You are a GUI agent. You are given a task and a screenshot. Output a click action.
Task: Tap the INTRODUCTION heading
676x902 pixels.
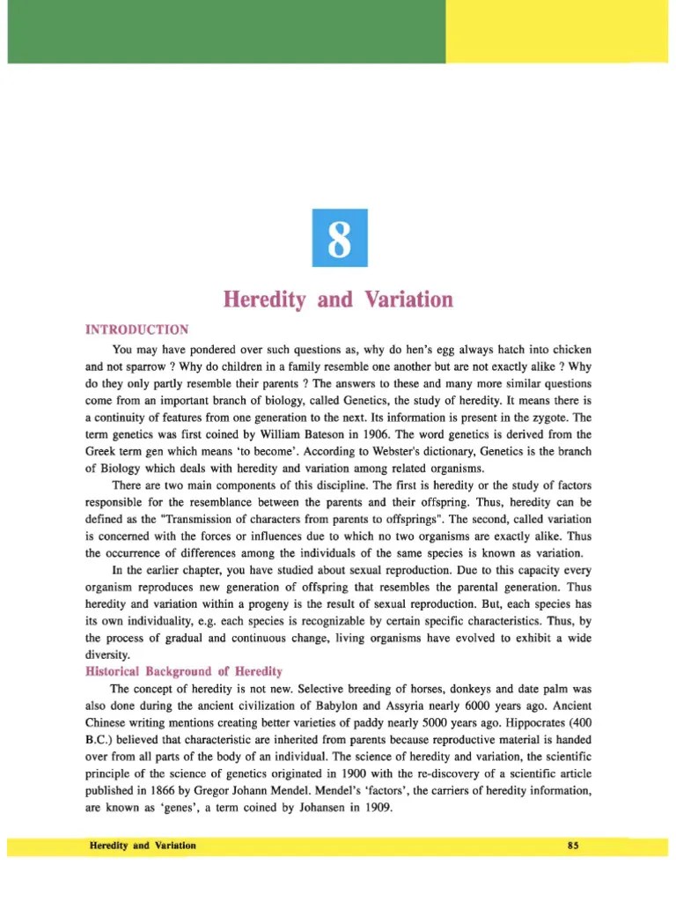[136, 330]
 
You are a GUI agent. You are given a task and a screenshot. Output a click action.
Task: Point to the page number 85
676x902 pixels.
[572, 846]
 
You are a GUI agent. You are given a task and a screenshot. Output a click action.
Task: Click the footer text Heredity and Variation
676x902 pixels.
[143, 846]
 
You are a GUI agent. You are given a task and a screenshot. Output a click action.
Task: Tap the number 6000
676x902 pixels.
[486, 706]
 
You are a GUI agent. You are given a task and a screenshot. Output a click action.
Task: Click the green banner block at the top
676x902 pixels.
[225, 32]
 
